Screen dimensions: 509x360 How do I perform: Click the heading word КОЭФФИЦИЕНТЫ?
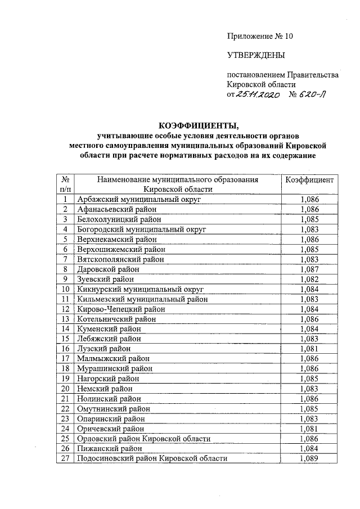pyautogui.click(x=195, y=124)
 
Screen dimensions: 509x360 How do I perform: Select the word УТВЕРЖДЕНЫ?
pyautogui.click(x=255, y=55)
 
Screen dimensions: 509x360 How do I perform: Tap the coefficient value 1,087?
pyautogui.click(x=310, y=269)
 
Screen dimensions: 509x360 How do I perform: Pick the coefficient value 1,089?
pyautogui.click(x=310, y=458)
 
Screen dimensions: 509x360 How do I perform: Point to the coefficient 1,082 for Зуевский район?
pyautogui.click(x=310, y=279)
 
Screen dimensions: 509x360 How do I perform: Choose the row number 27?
pyautogui.click(x=65, y=458)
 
